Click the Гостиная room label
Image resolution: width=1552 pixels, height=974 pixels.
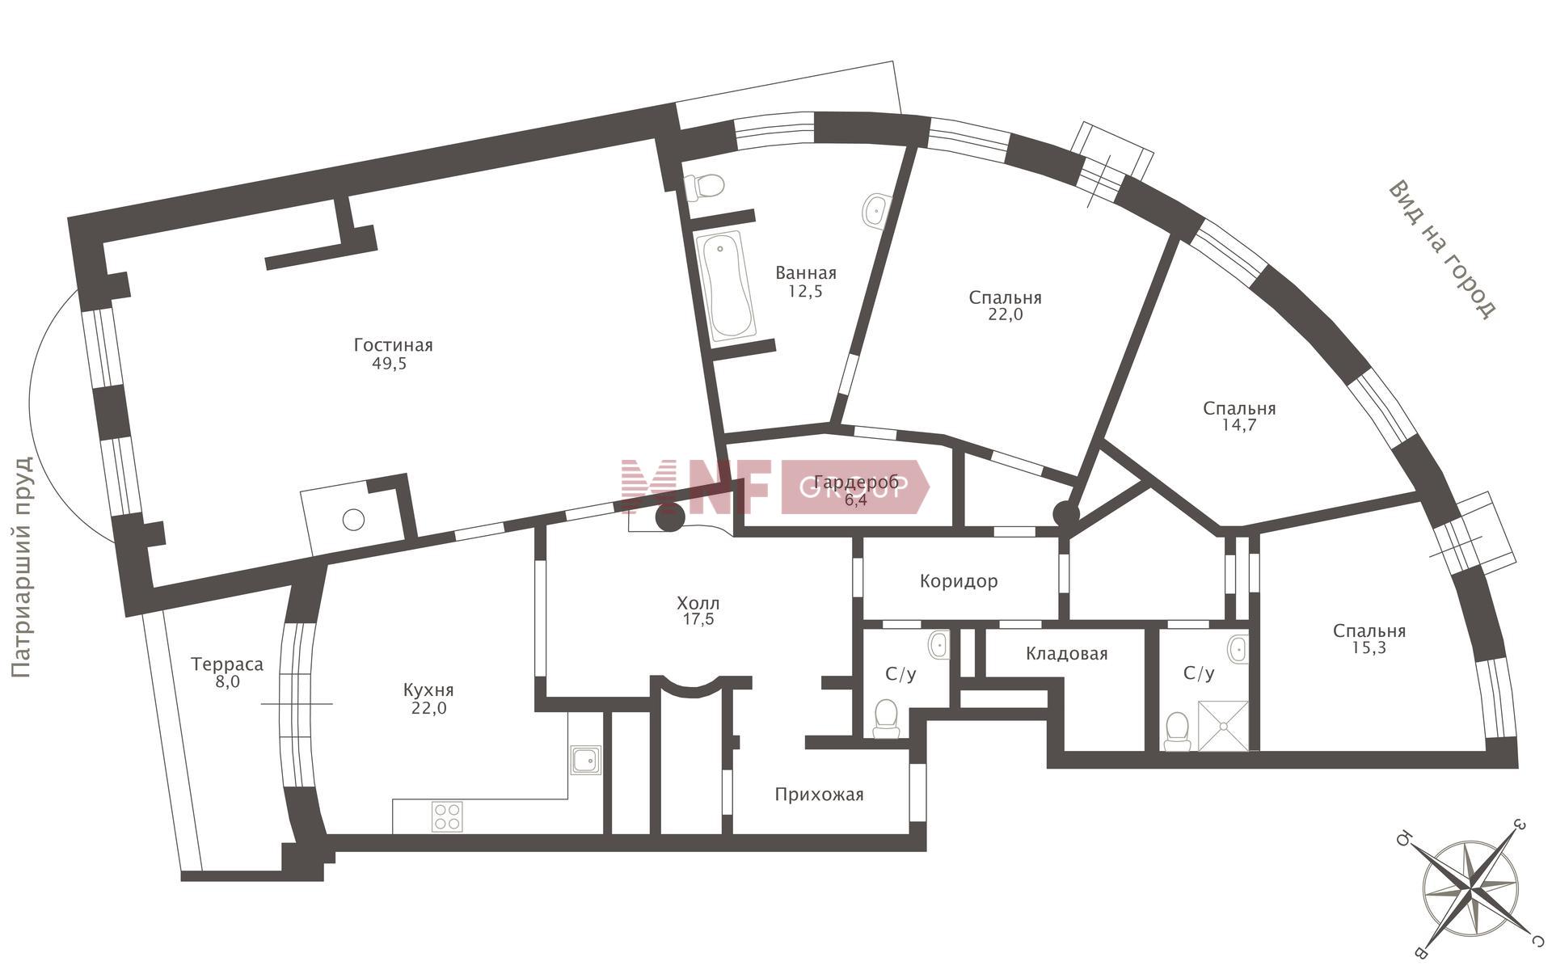point(394,345)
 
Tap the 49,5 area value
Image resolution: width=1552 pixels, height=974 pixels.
point(390,364)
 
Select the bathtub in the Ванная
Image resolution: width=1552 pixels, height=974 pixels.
point(726,285)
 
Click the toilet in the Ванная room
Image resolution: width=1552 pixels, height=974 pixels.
point(704,187)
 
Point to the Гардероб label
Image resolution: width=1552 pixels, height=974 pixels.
point(856,483)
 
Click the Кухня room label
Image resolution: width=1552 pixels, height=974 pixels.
point(428,690)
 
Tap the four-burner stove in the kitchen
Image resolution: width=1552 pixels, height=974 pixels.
point(447,816)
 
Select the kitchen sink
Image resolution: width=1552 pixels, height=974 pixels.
point(585,760)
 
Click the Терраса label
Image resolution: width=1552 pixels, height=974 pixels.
point(227,664)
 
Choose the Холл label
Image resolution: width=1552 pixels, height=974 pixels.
point(698,603)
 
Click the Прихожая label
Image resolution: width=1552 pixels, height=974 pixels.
point(819,795)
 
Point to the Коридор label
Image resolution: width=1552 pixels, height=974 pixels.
point(959,581)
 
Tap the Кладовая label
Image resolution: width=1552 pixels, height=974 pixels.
point(1066,653)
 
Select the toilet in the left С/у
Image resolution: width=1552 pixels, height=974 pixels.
point(887,719)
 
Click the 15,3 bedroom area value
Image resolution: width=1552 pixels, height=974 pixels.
point(1369,647)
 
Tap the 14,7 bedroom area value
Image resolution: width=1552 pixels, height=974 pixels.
point(1238,425)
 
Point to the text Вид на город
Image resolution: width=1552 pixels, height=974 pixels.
point(1442,249)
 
